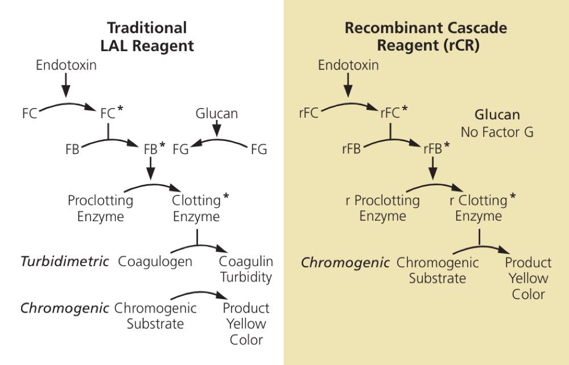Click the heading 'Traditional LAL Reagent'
[147, 36]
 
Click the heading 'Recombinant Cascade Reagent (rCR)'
[425, 36]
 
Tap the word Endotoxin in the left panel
[66, 65]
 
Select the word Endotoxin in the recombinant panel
[348, 65]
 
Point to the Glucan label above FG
[217, 114]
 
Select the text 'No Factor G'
[497, 132]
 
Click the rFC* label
[394, 113]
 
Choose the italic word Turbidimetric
[65, 262]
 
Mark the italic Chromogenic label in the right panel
[345, 263]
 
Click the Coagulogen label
[155, 262]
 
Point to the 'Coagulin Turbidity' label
[246, 269]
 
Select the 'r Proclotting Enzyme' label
[382, 208]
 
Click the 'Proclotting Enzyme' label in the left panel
[100, 208]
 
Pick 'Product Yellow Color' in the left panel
[246, 324]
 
